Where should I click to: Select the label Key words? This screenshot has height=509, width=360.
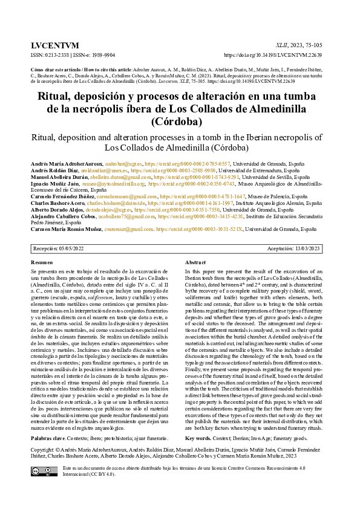(198, 438)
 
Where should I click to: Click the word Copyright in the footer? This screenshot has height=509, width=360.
(45, 450)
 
